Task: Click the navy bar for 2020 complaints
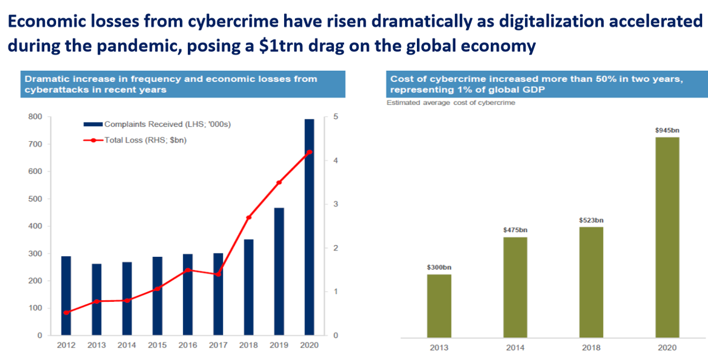click(309, 227)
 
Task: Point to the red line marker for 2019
click(279, 182)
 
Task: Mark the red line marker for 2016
click(187, 270)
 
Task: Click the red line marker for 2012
click(66, 313)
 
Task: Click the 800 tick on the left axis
click(36, 117)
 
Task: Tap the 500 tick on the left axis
click(36, 199)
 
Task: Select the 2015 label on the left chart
click(157, 345)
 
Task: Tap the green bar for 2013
click(439, 306)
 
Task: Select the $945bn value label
click(667, 131)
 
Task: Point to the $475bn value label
click(515, 230)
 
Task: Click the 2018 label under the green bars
click(591, 348)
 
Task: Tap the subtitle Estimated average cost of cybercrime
click(451, 103)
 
